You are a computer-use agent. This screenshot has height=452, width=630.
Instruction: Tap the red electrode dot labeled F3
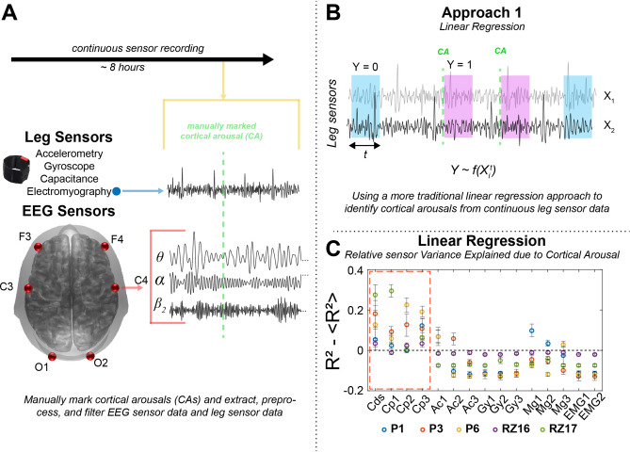coord(37,246)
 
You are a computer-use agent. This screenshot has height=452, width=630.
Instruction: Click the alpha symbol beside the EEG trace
coord(161,281)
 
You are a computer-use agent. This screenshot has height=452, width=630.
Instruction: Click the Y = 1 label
coord(458,66)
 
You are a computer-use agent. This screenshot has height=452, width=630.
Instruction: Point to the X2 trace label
coord(610,125)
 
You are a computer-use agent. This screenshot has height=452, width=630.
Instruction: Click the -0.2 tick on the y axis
coord(348,389)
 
